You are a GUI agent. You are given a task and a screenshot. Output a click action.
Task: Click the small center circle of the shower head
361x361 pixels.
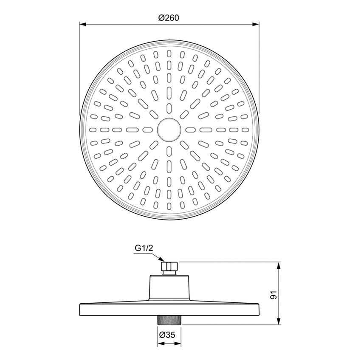[169, 130]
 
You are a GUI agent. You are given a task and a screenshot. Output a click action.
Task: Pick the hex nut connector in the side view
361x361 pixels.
[169, 267]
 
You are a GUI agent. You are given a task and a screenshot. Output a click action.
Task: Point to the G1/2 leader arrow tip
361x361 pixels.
[163, 261]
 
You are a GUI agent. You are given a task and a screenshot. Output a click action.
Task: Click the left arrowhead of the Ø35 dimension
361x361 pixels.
[160, 343]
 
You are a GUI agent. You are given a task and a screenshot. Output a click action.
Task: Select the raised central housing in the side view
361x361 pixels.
[169, 288]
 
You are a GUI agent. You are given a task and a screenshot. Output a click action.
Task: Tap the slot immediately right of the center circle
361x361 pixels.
[189, 130]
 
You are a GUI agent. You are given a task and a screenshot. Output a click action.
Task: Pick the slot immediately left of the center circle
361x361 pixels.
[148, 130]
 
